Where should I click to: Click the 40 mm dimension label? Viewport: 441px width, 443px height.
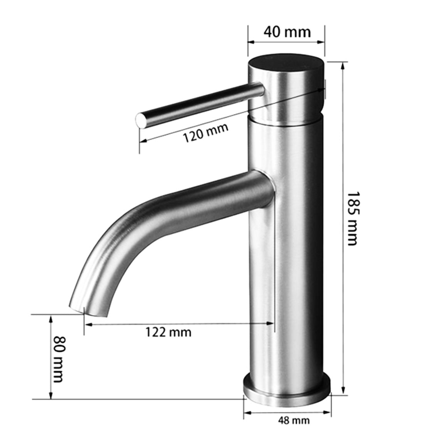click(287, 32)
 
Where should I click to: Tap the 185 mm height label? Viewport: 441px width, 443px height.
click(352, 218)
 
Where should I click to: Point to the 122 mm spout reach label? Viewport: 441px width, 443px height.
click(168, 331)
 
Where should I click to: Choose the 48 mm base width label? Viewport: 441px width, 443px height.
click(293, 420)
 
